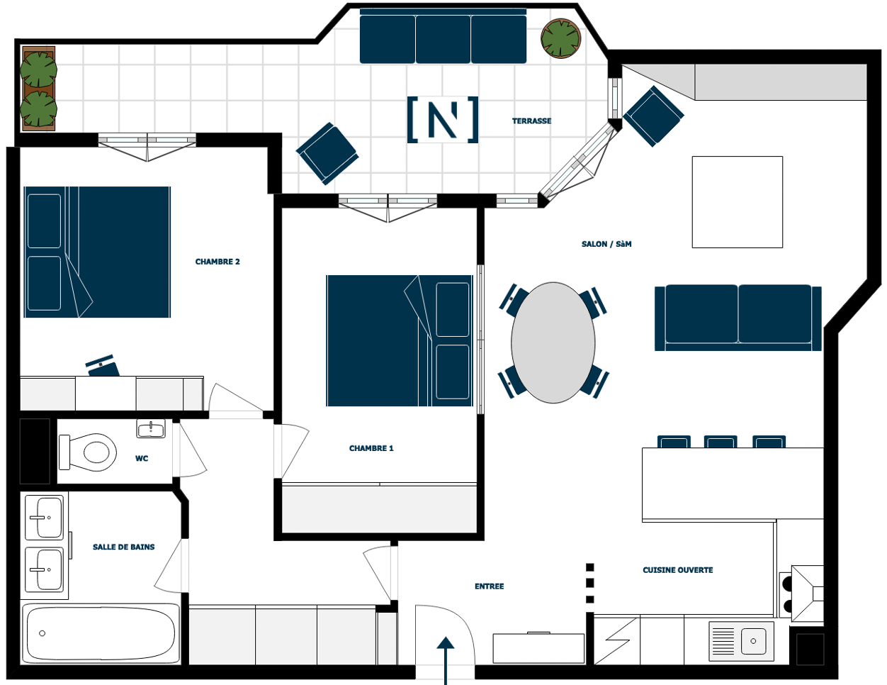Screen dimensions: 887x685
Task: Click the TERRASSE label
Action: tap(531, 121)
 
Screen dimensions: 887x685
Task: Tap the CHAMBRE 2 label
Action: tap(217, 262)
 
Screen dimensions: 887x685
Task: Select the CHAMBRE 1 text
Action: tap(371, 448)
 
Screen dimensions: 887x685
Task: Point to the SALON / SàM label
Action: tap(606, 244)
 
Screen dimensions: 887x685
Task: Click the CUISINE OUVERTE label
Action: tap(677, 570)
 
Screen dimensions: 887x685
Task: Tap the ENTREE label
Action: tap(489, 586)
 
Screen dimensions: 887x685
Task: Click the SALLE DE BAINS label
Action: tap(124, 547)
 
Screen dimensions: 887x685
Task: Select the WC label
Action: tap(142, 458)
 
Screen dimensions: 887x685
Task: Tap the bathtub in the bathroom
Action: tap(101, 633)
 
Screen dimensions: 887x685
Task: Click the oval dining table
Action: tap(553, 342)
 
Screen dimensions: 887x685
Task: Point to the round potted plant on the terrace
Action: tap(560, 38)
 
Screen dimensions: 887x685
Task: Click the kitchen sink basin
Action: tap(753, 641)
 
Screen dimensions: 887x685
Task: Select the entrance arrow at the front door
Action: tap(446, 659)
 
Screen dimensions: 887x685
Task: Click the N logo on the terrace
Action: tap(443, 120)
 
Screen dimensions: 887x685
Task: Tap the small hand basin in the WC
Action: tap(151, 428)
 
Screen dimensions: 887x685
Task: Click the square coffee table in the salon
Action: tap(738, 202)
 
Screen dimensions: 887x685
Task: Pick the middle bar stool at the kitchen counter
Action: tap(721, 442)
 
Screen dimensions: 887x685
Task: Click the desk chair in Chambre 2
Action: tap(103, 366)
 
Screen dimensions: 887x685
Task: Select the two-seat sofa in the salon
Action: tap(738, 318)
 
